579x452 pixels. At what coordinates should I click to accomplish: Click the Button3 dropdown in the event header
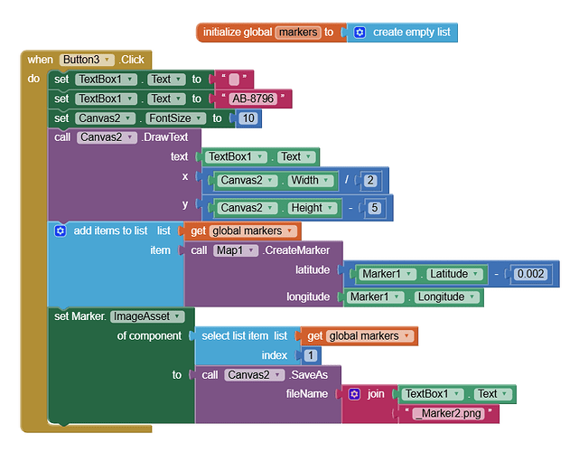click(x=87, y=60)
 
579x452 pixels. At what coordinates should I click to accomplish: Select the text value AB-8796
click(x=253, y=99)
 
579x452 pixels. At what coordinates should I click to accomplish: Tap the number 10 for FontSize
click(x=248, y=118)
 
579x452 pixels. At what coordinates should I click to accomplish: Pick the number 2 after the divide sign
click(x=370, y=181)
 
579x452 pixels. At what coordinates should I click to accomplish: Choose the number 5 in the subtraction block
click(x=374, y=208)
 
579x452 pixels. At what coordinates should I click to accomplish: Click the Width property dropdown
click(x=310, y=181)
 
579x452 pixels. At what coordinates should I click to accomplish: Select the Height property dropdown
click(x=313, y=208)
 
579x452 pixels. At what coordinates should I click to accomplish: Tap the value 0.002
click(x=530, y=274)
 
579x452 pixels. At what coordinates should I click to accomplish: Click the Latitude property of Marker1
click(x=454, y=274)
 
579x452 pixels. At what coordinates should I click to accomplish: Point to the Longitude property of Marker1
click(x=446, y=297)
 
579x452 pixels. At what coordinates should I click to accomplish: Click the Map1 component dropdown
click(x=235, y=250)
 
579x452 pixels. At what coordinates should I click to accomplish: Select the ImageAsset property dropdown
click(x=147, y=316)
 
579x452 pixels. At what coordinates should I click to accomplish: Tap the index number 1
click(x=311, y=355)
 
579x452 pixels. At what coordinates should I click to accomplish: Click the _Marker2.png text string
click(x=448, y=413)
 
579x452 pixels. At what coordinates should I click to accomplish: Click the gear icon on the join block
click(x=354, y=394)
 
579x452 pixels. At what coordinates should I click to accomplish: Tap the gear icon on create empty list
click(x=360, y=33)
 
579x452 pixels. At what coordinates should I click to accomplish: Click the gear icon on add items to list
click(x=61, y=231)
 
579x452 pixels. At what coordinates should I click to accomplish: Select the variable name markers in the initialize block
click(x=297, y=33)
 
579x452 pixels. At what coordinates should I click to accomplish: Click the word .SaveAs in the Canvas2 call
click(x=308, y=375)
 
